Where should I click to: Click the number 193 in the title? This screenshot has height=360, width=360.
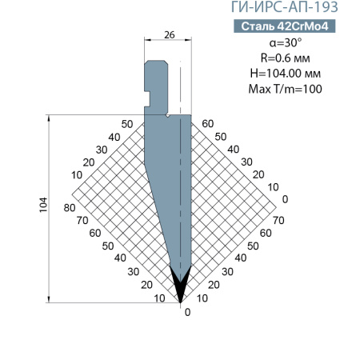tap(325, 7)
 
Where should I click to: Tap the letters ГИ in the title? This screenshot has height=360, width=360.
tap(241, 7)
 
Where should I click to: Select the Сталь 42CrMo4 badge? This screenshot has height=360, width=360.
tap(285, 26)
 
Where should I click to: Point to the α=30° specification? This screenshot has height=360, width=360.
tap(285, 42)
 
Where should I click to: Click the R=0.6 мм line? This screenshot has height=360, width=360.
tap(285, 58)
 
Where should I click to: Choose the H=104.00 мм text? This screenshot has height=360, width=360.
tap(285, 73)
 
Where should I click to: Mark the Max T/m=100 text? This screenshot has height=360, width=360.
tap(285, 89)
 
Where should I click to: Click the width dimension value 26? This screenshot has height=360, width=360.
tap(170, 34)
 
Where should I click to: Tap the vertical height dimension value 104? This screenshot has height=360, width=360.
tap(43, 205)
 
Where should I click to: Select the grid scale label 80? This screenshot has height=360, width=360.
tap(70, 207)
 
